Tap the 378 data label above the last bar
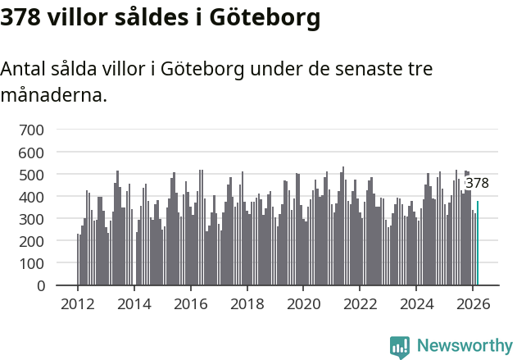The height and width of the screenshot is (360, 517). point(477,183)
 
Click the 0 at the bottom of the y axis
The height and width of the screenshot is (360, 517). point(41,286)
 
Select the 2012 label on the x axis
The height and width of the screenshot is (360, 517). point(78,303)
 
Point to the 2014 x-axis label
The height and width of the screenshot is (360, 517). point(134,303)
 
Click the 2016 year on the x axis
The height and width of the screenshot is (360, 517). point(191,303)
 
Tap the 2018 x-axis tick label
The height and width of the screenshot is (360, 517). point(247,303)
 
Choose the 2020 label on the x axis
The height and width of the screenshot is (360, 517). point(304,303)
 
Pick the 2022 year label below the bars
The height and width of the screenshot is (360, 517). point(361,303)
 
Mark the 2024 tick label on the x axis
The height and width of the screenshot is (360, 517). point(417,303)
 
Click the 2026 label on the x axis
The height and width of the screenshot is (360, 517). point(474,303)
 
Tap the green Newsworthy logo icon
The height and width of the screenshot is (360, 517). point(400,347)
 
